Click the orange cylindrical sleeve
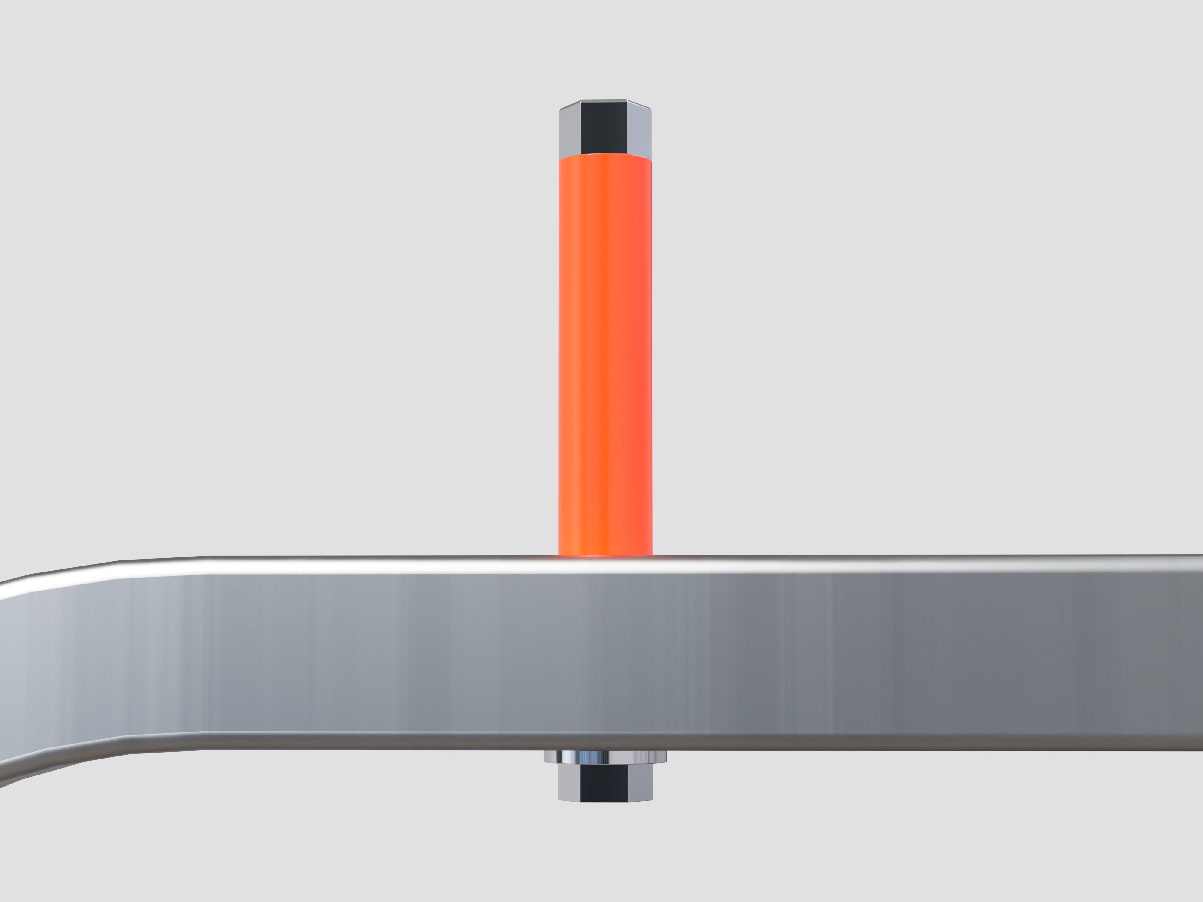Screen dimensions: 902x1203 tap(605, 353)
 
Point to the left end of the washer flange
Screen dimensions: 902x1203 tap(546, 756)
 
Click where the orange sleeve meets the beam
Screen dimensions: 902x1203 tap(605, 554)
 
